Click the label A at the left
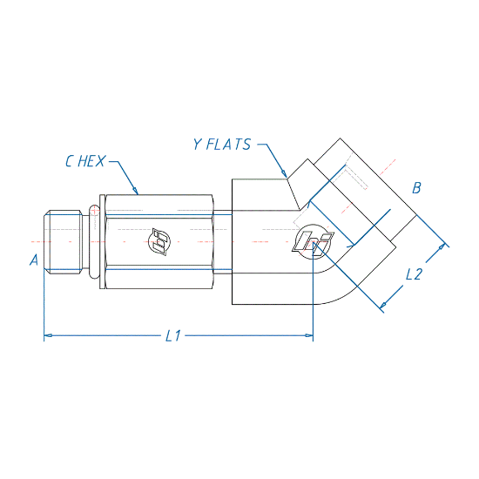(34, 260)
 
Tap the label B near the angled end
(416, 187)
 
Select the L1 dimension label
(173, 335)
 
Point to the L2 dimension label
(414, 274)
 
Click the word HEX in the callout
(91, 161)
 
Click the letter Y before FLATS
(198, 145)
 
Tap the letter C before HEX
(70, 161)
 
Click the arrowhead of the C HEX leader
(135, 191)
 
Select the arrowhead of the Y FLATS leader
(285, 173)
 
